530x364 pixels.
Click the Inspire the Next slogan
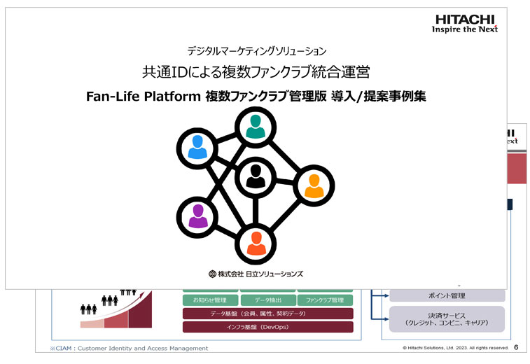[x=465, y=30]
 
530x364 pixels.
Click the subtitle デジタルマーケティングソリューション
[x=257, y=51]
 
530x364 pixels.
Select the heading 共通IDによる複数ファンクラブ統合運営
[x=256, y=72]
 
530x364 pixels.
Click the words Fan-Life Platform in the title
[x=144, y=97]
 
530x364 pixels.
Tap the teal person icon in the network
[x=256, y=126]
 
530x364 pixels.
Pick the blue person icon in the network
[x=197, y=147]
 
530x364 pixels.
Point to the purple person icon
[x=197, y=216]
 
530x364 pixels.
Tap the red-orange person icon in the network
[x=256, y=243]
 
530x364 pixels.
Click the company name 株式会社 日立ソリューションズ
[x=256, y=274]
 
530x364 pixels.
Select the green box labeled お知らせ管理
[x=209, y=300]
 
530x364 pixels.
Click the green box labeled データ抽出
[x=268, y=300]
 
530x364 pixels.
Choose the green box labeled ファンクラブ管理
[x=325, y=300]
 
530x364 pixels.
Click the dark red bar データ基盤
[x=268, y=314]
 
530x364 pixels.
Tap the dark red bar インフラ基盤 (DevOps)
[x=268, y=327]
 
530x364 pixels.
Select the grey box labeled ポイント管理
[x=447, y=295]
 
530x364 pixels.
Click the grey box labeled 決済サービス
[x=447, y=319]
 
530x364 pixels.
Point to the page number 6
[x=516, y=347]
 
